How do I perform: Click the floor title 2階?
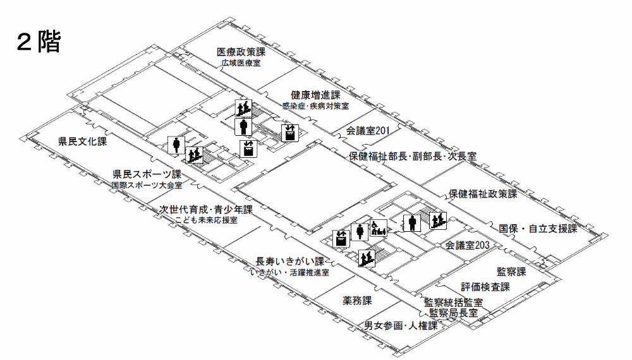[38, 43]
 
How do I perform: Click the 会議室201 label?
[367, 131]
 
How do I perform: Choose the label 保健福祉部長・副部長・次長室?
[412, 155]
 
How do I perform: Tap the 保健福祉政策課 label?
[483, 194]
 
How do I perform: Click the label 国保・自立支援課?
[538, 228]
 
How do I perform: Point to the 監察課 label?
[511, 272]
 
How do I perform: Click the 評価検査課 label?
[485, 287]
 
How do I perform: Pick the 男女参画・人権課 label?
[401, 326]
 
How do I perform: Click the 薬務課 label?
[357, 300]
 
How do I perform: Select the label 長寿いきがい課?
[289, 261]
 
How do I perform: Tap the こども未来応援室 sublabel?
[207, 220]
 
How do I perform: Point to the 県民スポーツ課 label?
[147, 174]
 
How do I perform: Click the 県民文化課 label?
[82, 141]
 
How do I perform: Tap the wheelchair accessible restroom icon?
[378, 228]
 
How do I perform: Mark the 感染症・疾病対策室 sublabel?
[315, 106]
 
